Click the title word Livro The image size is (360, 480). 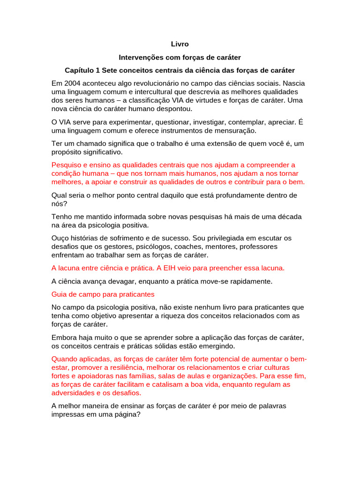(180, 44)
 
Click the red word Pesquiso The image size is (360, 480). (67, 165)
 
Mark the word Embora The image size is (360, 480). (63, 337)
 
